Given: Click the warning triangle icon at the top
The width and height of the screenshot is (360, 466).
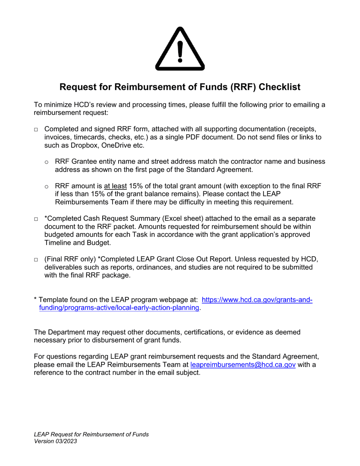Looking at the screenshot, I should click(180, 49).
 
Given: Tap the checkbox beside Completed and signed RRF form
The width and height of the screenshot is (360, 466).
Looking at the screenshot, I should click(36, 130).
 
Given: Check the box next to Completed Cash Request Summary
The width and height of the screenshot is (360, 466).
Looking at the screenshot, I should click(36, 219).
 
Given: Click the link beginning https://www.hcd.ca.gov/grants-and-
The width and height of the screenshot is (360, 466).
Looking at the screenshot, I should click(257, 300).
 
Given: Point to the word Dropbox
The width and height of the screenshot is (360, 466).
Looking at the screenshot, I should click(73, 145).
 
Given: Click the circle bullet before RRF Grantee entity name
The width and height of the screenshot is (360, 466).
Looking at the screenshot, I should click(47, 162).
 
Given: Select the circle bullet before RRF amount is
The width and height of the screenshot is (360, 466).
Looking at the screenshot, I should click(47, 186).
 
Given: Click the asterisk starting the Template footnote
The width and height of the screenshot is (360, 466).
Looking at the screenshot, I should click(36, 299).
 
